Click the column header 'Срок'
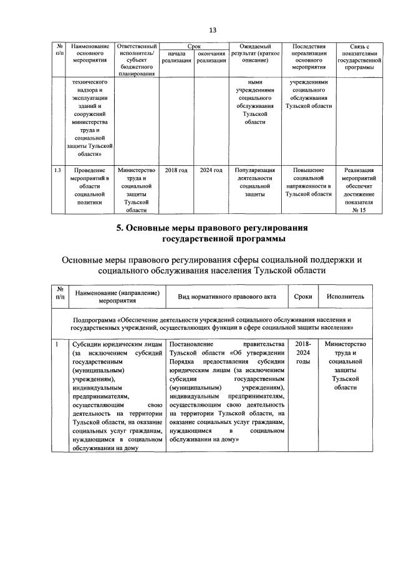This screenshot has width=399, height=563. (x=193, y=47)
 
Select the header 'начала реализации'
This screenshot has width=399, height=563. (x=176, y=57)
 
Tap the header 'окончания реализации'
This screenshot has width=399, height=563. (x=210, y=57)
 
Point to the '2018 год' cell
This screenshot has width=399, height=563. (x=176, y=170)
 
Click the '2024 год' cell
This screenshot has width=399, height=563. (x=210, y=170)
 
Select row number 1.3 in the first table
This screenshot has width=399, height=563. (x=57, y=170)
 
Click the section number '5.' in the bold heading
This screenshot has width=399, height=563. (x=120, y=228)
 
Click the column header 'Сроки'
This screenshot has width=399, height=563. (x=302, y=297)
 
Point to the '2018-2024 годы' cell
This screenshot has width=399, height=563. (x=302, y=353)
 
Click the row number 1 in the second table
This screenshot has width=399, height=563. (x=57, y=344)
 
